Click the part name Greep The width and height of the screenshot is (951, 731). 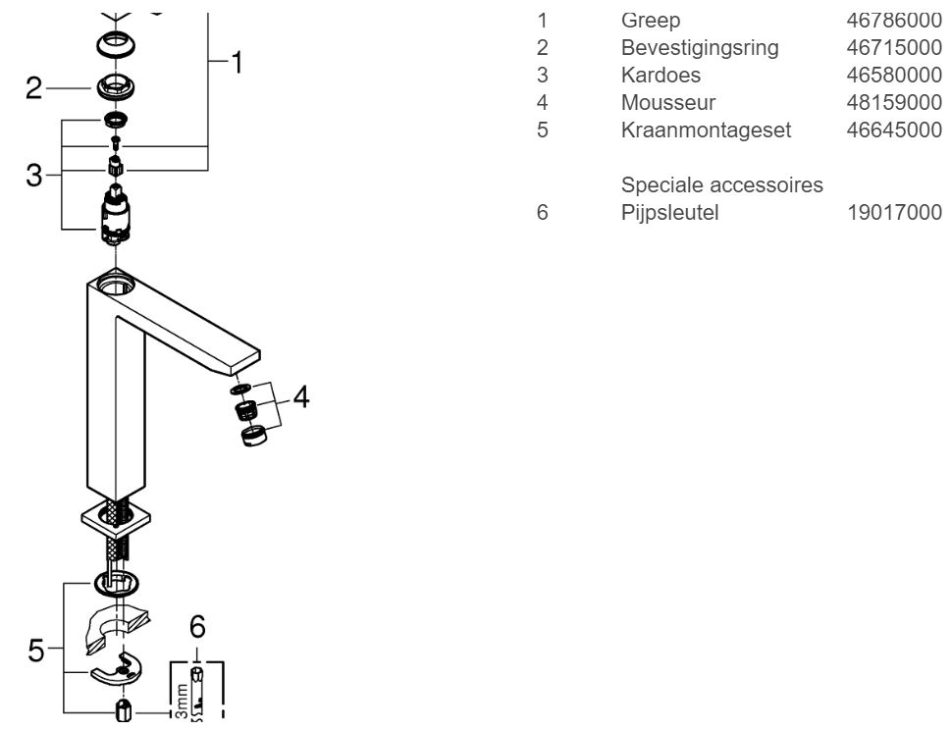650,20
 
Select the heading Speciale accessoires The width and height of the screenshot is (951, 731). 722,184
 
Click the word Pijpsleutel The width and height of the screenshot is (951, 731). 669,212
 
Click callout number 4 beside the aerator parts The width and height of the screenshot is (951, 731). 301,398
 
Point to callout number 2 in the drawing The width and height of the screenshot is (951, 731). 33,88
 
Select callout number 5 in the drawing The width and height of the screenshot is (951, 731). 35,650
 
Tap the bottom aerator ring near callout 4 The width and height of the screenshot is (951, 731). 253,434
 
